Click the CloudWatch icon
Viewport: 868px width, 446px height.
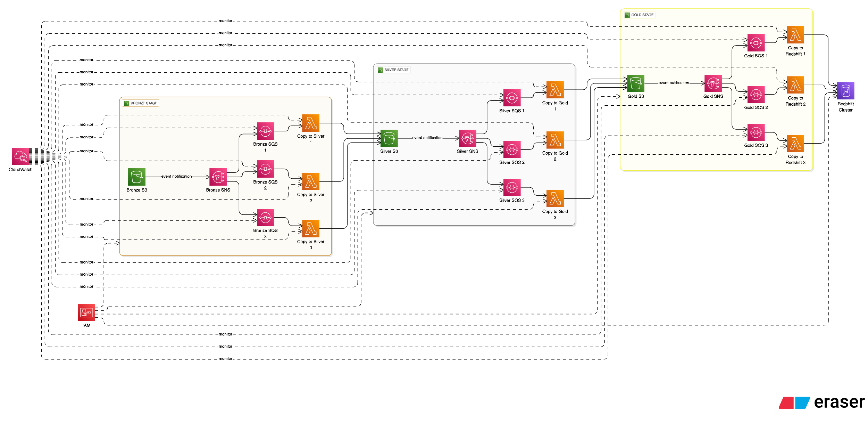click(x=20, y=156)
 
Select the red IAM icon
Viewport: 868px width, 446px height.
click(x=86, y=313)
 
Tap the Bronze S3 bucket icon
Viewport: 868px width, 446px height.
click(x=136, y=177)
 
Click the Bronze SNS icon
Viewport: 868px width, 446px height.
click(x=218, y=177)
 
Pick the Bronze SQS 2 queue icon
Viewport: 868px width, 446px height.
click(x=265, y=169)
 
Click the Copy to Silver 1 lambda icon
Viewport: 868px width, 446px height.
click(x=310, y=123)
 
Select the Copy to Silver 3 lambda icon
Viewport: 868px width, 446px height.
click(x=310, y=229)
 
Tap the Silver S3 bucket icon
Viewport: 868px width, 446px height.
click(x=389, y=138)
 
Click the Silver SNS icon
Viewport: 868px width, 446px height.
click(x=467, y=138)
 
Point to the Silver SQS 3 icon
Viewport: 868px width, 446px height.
click(x=512, y=187)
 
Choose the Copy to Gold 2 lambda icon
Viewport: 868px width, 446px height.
click(x=555, y=140)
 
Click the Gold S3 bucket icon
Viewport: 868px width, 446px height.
click(x=635, y=83)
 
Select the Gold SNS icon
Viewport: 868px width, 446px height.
click(x=713, y=83)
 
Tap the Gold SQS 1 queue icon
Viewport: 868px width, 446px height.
click(x=756, y=43)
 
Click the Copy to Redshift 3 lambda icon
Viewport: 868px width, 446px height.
click(x=795, y=144)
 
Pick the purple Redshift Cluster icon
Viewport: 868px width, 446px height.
click(x=845, y=91)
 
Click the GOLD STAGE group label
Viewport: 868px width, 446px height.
click(x=642, y=15)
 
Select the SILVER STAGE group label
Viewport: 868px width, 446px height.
click(x=396, y=70)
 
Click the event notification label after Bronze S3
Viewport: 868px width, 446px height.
click(x=176, y=177)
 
